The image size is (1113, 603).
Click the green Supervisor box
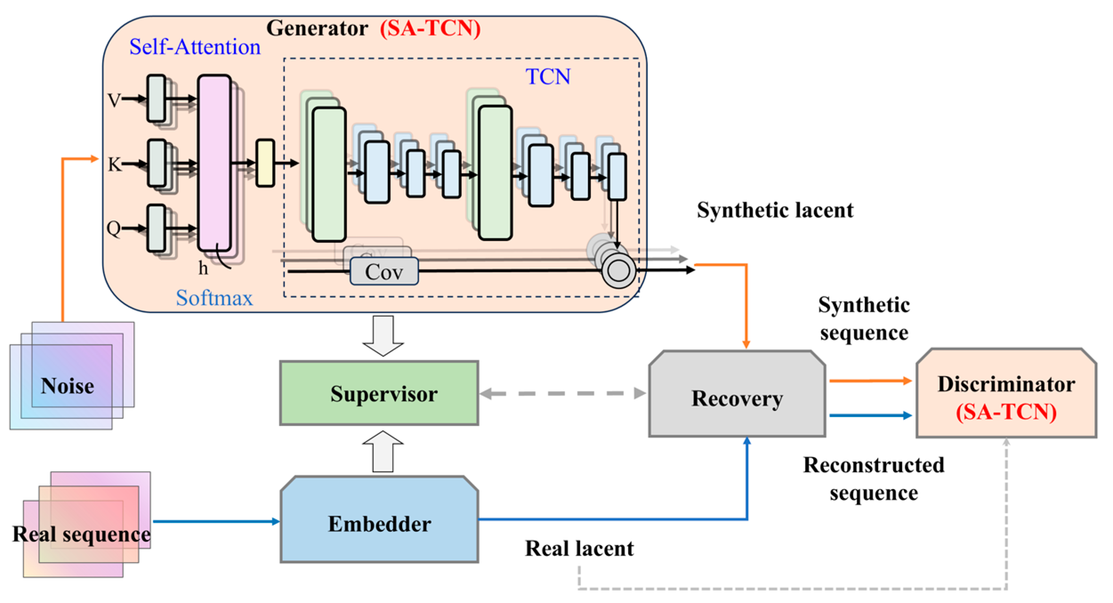pyautogui.click(x=379, y=393)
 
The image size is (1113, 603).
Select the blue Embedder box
pyautogui.click(x=379, y=519)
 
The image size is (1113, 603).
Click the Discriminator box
pyautogui.click(x=1006, y=393)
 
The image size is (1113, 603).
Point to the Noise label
pyautogui.click(x=67, y=386)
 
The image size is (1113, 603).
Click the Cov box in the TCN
pyautogui.click(x=384, y=271)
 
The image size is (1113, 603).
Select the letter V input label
pyautogui.click(x=114, y=100)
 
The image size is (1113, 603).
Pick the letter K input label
pyautogui.click(x=114, y=165)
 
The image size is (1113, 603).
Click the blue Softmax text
pyautogui.click(x=214, y=297)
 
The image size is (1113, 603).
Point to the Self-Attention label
pyautogui.click(x=195, y=47)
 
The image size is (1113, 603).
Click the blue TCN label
pyautogui.click(x=548, y=76)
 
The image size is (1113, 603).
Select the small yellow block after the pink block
pyautogui.click(x=265, y=163)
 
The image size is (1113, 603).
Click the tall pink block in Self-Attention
pyautogui.click(x=214, y=163)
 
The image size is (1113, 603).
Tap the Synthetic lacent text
pyautogui.click(x=775, y=210)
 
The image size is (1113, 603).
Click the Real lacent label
pyautogui.click(x=579, y=548)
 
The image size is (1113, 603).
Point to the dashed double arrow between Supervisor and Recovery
pyautogui.click(x=563, y=393)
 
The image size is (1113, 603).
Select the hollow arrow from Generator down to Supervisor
pyautogui.click(x=383, y=336)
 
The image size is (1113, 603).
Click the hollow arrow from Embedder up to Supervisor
pyautogui.click(x=383, y=451)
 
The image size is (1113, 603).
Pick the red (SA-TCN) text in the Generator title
pyautogui.click(x=430, y=28)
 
